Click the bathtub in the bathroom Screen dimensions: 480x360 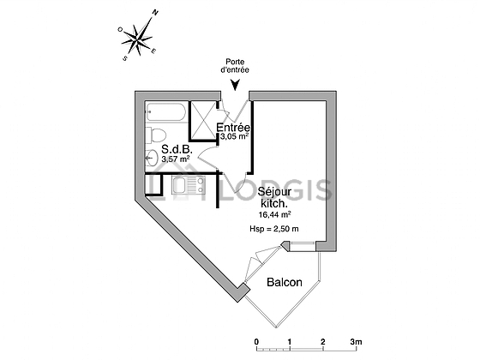coord(166,111)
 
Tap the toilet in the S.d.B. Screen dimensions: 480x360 coord(156,135)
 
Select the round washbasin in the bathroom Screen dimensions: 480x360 coord(151,158)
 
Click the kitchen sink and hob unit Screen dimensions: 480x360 coord(188,185)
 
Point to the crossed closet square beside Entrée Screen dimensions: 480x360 coord(204,120)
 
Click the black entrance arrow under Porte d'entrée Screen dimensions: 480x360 coord(235,86)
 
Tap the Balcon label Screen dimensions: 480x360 coord(285,282)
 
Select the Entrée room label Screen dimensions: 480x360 coord(233,127)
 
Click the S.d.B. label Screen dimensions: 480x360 coord(177,150)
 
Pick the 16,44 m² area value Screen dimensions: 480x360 coord(274,214)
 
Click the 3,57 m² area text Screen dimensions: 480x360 coord(176,159)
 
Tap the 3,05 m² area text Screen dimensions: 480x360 coord(234,136)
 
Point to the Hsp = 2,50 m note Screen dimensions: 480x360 coord(274,229)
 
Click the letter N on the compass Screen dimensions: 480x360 coord(155,13)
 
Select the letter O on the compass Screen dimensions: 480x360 coord(120,29)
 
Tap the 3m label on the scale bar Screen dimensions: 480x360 coord(356,342)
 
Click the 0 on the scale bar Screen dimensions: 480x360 coord(256,342)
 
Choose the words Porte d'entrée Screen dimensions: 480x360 coord(235,66)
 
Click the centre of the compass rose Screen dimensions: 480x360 coord(138,39)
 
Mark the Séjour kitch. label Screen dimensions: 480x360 coord(274,197)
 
